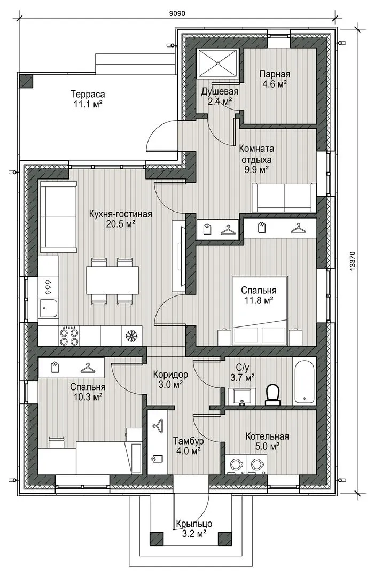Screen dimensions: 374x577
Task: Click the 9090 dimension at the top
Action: tap(177, 13)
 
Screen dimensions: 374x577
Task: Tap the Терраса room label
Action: tap(88, 94)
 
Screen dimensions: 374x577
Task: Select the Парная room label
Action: tap(275, 74)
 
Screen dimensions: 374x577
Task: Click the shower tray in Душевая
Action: tap(219, 63)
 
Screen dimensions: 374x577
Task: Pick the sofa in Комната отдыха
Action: tap(284, 197)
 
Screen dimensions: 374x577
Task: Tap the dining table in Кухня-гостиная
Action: tap(113, 280)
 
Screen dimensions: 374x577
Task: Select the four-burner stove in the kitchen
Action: tap(69, 336)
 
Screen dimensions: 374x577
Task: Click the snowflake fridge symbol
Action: tap(131, 336)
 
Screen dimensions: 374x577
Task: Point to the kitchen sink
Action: tap(48, 308)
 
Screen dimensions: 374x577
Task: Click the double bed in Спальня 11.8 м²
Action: tap(260, 311)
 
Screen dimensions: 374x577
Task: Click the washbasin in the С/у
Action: tap(241, 396)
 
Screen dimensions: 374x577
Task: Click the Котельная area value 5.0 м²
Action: tap(267, 446)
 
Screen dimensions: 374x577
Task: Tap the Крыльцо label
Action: tap(193, 523)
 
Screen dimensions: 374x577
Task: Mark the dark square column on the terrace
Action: tap(26, 81)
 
